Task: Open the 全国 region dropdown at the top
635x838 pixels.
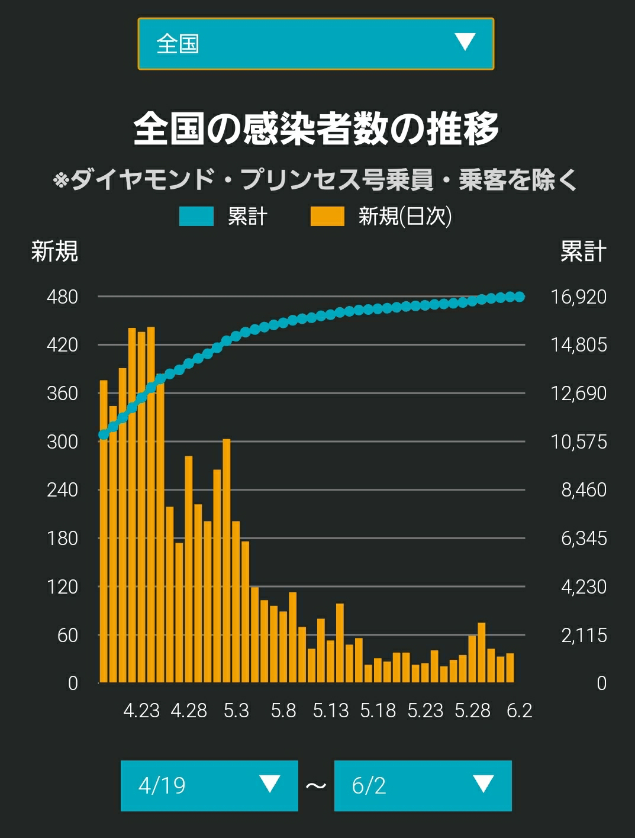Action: pos(316,44)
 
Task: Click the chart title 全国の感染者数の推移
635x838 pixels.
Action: pos(316,128)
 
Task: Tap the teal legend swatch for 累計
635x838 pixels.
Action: pos(196,216)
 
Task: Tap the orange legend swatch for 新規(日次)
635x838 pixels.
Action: pos(327,216)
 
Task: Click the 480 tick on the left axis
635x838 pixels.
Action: pos(62,296)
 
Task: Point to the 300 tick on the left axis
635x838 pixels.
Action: pos(62,441)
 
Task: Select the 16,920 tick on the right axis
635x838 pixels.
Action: pos(579,296)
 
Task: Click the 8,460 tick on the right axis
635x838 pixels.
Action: pos(584,490)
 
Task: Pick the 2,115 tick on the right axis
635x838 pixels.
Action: pos(584,635)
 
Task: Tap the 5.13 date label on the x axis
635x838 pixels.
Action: pos(331,711)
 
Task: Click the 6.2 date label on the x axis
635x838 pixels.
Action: pos(520,711)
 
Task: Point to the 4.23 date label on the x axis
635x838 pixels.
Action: pos(141,711)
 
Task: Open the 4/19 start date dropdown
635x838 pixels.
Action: pos(209,786)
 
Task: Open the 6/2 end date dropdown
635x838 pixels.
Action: pos(423,786)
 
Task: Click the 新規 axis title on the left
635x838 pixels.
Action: pos(54,251)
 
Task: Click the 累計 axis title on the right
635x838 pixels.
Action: pos(583,251)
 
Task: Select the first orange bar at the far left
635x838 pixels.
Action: pos(104,531)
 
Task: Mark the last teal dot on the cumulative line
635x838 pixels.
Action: pos(520,296)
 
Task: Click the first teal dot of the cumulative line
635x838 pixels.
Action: pos(104,434)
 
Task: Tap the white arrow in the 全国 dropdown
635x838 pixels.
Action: pos(465,41)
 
